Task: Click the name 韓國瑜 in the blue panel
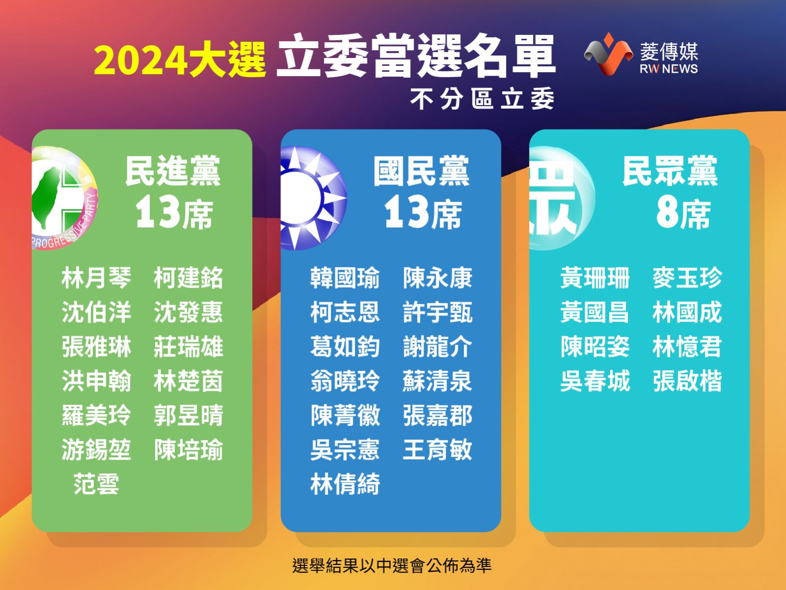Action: pos(345,278)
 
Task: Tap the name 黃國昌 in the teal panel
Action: pos(594,312)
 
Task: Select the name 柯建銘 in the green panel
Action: pos(188,278)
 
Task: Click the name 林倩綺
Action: pos(345,484)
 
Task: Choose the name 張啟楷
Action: pos(687,381)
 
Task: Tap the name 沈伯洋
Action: pos(96,312)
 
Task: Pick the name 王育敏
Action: pos(437,449)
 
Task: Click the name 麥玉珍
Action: pos(687,278)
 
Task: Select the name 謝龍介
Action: pos(437,347)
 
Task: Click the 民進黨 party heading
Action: pos(172,171)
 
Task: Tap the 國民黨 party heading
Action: pos(421,171)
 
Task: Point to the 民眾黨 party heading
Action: pos(670,171)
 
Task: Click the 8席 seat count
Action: pos(683,214)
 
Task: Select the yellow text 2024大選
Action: pos(180,59)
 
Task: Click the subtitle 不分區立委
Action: pos(482,99)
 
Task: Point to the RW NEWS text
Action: pos(669,69)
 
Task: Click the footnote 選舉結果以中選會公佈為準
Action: pos(392,565)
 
